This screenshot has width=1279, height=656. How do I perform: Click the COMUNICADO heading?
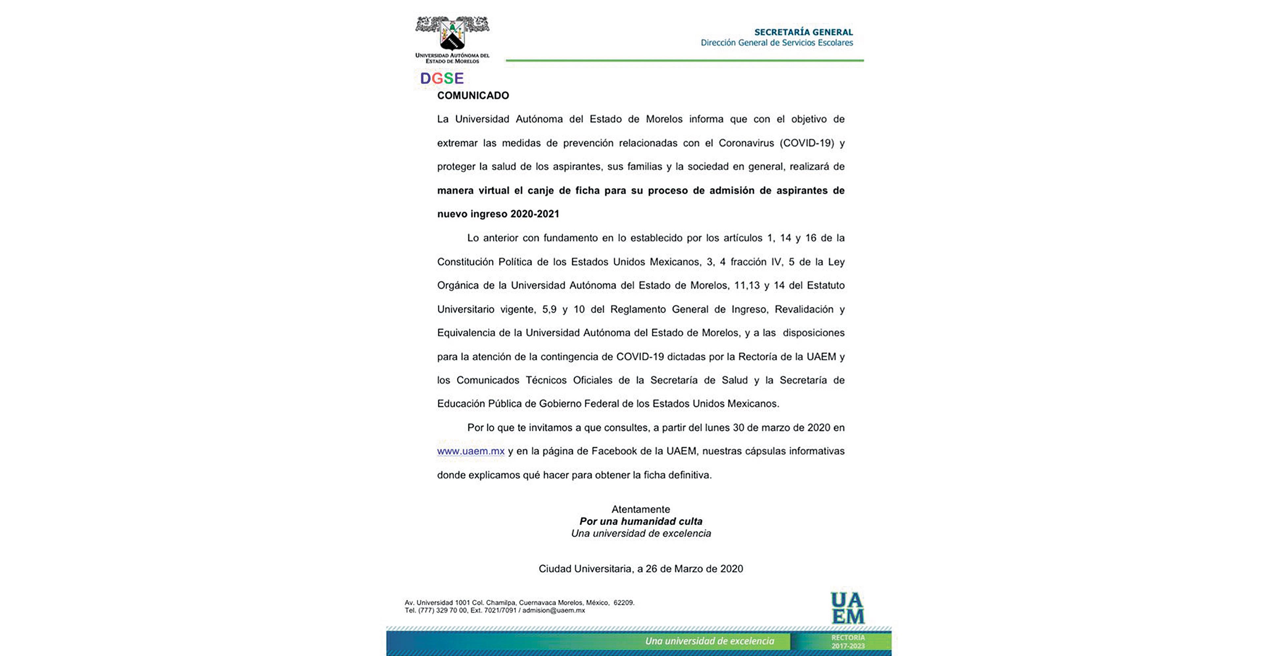pyautogui.click(x=473, y=95)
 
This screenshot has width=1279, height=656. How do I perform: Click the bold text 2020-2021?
pyautogui.click(x=535, y=214)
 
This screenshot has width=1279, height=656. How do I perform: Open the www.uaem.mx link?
pyautogui.click(x=471, y=452)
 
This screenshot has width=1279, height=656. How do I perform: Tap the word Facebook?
pyautogui.click(x=614, y=452)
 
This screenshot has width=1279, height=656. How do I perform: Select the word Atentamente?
pyautogui.click(x=641, y=509)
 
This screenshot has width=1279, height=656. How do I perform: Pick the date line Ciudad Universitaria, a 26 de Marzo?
pyautogui.click(x=641, y=569)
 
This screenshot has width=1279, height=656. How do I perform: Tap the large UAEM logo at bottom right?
pyautogui.click(x=847, y=608)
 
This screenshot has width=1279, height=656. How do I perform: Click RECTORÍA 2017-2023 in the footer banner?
pyautogui.click(x=848, y=641)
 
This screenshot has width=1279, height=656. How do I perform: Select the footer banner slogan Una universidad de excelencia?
pyautogui.click(x=710, y=641)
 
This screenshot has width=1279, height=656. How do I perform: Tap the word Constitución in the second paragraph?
pyautogui.click(x=465, y=262)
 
